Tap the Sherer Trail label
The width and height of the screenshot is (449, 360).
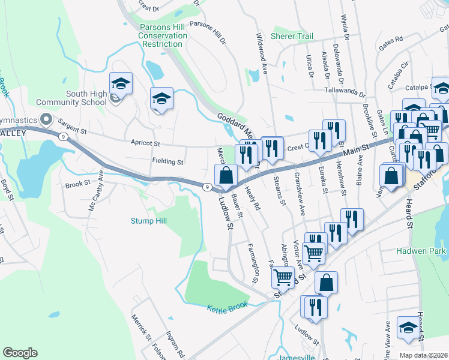pos(292,37)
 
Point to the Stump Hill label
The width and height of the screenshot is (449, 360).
pos(149,221)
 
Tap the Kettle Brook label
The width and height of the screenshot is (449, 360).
pos(228,307)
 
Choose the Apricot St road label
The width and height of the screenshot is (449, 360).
pos(145,143)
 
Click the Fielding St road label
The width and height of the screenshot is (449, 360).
pos(167,162)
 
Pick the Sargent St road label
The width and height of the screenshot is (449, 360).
pos(73,129)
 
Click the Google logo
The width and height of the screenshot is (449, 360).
pos(20,353)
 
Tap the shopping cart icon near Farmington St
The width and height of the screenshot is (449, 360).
pos(283,277)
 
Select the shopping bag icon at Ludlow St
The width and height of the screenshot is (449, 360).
pos(226,175)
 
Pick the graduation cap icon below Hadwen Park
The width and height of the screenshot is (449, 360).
pos(408,328)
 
